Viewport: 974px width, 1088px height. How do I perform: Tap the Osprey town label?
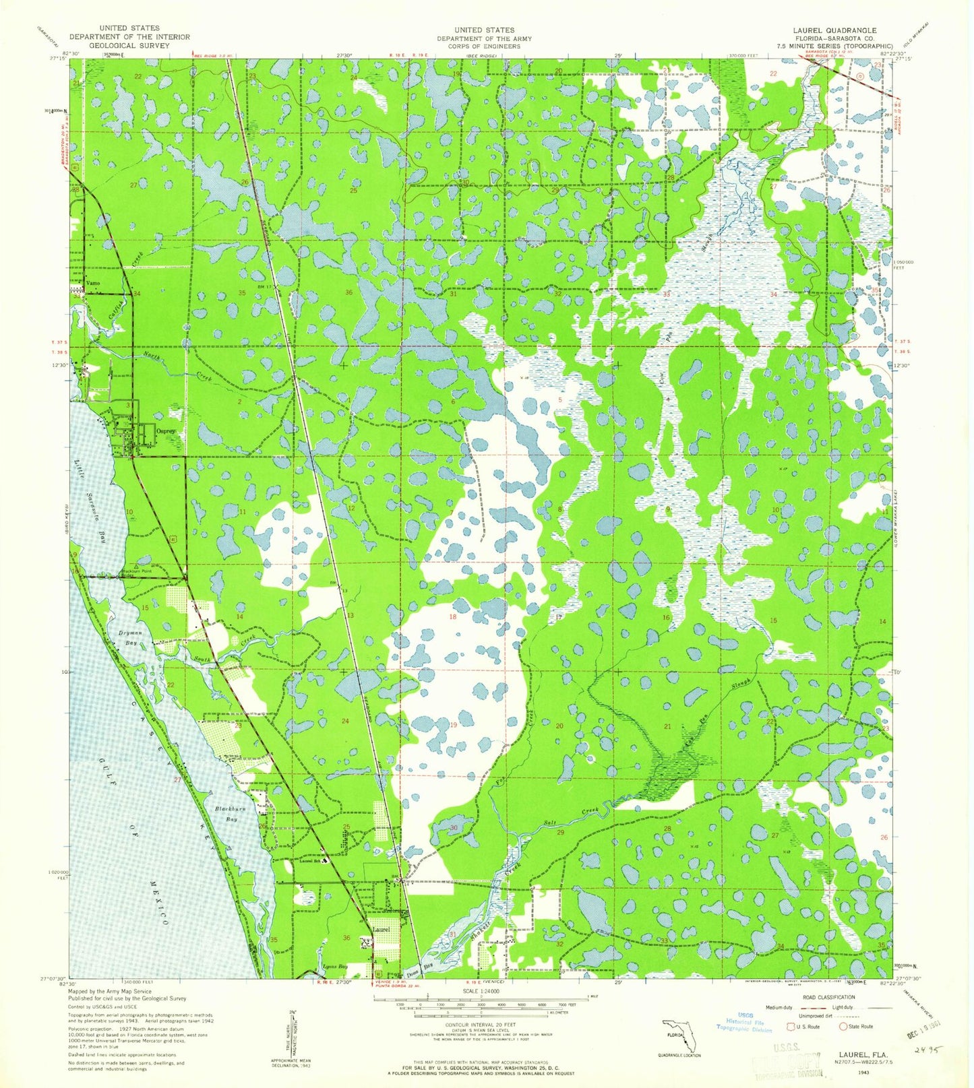coord(166,430)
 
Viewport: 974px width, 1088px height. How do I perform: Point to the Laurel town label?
coord(382,930)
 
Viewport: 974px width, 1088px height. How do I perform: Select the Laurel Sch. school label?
coord(309,860)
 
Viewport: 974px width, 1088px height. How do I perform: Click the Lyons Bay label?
coord(335,967)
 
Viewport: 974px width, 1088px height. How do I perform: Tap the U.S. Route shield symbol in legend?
coord(792,1027)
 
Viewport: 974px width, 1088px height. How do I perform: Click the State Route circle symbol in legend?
coord(843,1027)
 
